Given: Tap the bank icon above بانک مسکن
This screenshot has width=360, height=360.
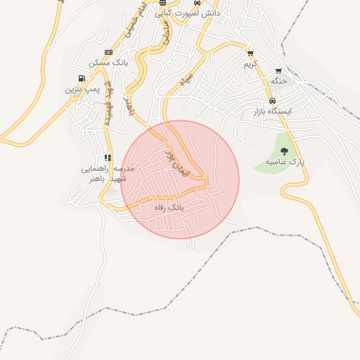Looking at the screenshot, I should [108, 52].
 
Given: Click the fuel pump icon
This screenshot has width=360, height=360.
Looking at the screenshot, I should [82, 77].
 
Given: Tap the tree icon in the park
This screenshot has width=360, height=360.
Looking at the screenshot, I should [284, 151].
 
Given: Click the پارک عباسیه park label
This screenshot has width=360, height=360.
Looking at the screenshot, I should [285, 162].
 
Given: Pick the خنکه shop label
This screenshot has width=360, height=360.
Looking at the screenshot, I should [279, 81].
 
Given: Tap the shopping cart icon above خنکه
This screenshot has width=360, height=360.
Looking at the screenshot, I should [278, 70].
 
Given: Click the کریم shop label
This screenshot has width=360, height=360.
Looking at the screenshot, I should [250, 64].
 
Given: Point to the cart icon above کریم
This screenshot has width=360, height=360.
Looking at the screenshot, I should [250, 53].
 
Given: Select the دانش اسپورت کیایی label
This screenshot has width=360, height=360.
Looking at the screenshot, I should [191, 13].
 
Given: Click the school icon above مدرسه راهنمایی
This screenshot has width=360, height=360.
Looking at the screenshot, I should [108, 157].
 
